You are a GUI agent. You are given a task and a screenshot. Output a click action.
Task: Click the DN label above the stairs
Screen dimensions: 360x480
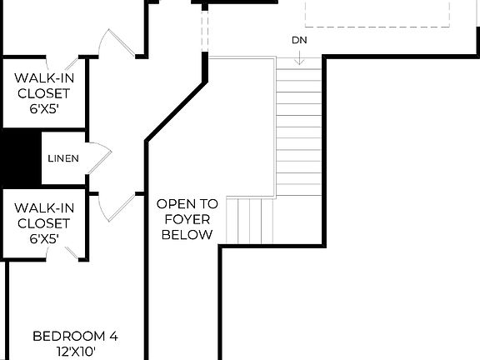click(299, 40)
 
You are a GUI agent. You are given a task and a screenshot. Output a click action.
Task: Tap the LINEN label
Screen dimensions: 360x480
click(63, 158)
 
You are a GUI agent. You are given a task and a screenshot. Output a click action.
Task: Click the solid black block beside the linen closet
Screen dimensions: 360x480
click(20, 157)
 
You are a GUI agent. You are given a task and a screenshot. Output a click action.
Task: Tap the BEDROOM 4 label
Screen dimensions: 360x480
click(75, 337)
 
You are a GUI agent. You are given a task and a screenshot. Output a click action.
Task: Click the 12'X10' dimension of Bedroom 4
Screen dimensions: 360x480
click(75, 352)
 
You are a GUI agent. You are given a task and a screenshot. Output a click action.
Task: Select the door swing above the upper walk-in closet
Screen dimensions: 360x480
click(112, 42)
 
